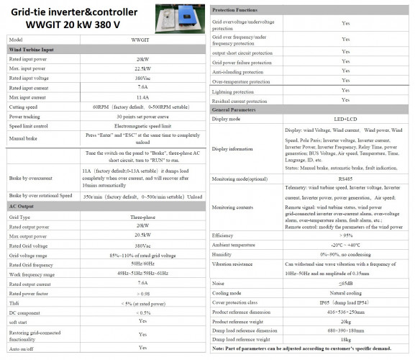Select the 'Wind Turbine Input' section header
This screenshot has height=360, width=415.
[37, 48]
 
